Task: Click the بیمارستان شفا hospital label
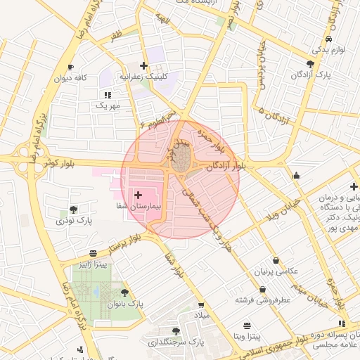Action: (139, 207)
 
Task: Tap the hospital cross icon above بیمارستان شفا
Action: (137, 194)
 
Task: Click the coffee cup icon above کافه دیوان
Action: (70, 67)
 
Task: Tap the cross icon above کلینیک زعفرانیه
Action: (143, 65)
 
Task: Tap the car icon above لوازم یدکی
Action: (330, 39)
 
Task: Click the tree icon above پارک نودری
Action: (73, 210)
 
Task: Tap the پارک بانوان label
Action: (125, 304)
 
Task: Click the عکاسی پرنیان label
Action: (276, 271)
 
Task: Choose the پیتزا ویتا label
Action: (247, 337)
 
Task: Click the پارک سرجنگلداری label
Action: (176, 342)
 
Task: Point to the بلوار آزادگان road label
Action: (227, 166)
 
